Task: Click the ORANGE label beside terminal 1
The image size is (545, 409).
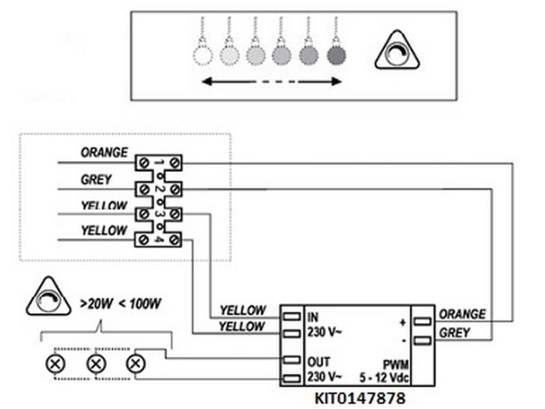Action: pyautogui.click(x=104, y=153)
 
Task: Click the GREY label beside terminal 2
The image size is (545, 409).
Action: pyautogui.click(x=95, y=180)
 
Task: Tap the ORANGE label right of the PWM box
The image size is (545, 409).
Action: pyautogui.click(x=463, y=314)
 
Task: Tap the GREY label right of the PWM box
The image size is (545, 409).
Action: pyautogui.click(x=455, y=334)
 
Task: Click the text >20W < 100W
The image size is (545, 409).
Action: pyautogui.click(x=120, y=304)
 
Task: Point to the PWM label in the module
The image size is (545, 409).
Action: pyautogui.click(x=397, y=364)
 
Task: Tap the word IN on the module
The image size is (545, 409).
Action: pyautogui.click(x=313, y=317)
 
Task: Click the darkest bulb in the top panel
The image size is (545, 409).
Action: pyautogui.click(x=336, y=54)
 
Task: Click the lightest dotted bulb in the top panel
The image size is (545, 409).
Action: pyautogui.click(x=202, y=54)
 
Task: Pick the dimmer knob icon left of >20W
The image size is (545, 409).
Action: pyautogui.click(x=48, y=298)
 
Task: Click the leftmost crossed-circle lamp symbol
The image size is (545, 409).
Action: pyautogui.click(x=53, y=363)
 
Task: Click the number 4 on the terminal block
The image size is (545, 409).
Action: pyautogui.click(x=158, y=239)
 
